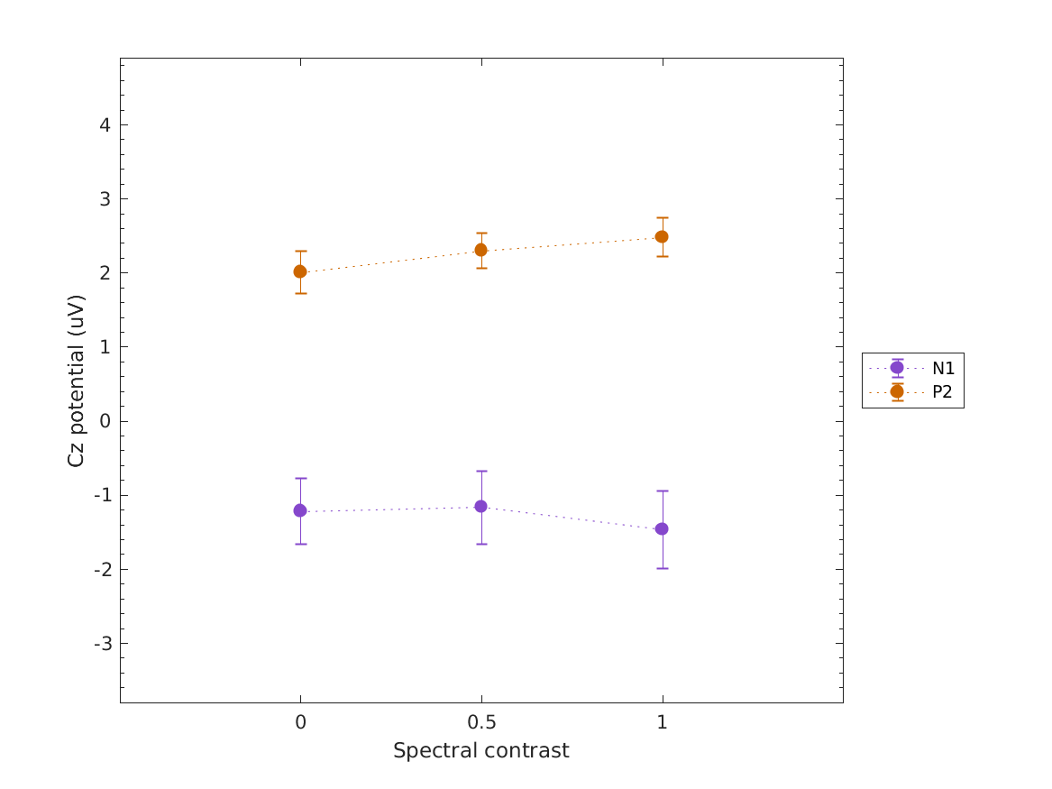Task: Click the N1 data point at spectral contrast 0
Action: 300,510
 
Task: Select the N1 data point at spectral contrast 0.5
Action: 481,507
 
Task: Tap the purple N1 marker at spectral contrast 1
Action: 662,528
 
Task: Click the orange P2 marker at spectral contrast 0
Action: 300,271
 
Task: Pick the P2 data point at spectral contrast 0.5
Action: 481,250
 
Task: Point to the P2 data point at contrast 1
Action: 662,236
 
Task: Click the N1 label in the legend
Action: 943,368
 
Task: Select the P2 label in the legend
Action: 942,391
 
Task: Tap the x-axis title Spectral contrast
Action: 480,751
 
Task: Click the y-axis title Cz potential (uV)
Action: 77,380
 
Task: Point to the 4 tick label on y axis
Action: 105,124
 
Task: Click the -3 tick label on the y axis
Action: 102,644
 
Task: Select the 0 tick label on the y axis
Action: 105,421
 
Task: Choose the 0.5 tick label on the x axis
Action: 481,723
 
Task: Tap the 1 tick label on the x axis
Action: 662,723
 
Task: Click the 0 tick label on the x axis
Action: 300,723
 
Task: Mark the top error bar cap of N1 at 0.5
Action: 481,471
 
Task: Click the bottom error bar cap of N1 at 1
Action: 662,568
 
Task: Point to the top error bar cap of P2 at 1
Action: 662,217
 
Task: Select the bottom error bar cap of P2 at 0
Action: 300,293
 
